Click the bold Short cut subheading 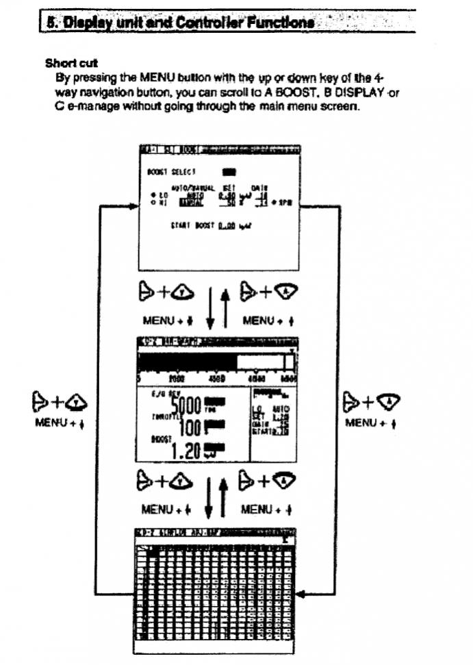coord(71,63)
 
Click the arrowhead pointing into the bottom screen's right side coord(302,594)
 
